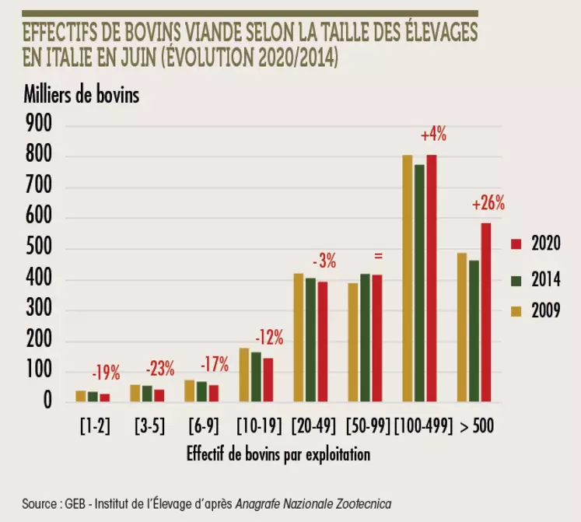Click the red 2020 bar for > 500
point(485,313)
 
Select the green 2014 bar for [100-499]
point(419,284)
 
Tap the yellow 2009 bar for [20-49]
point(299,338)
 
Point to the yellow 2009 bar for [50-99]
point(353,342)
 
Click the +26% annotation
point(488,205)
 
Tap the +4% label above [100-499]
point(433,135)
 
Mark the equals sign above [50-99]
point(379,255)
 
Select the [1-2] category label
point(93,427)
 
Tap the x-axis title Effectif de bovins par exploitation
point(278,454)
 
